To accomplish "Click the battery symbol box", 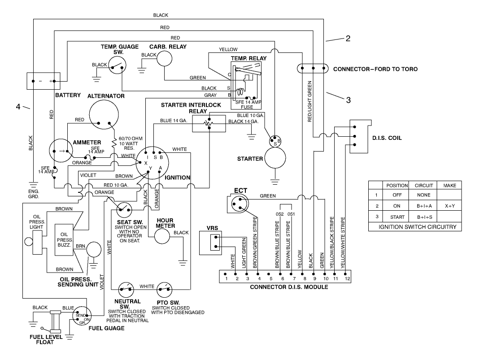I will pos(43,81).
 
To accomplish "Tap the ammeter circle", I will pos(64,152).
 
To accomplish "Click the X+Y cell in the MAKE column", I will pos(449,206).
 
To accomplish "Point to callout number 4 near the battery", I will pos(18,106).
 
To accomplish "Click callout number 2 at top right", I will pos(348,38).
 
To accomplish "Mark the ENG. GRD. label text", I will pos(33,194).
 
